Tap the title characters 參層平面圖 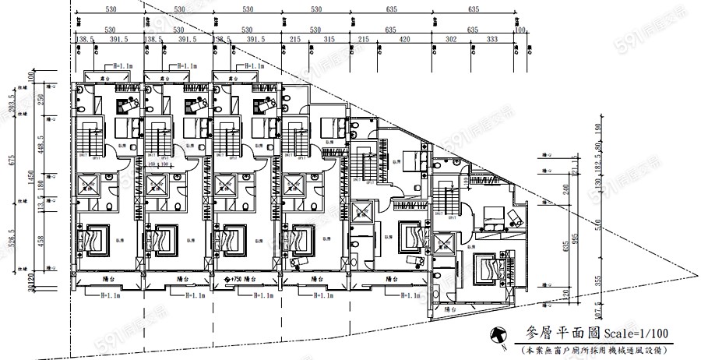tap(555, 333)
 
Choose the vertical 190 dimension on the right tap(597, 129)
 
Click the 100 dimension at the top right tap(520, 30)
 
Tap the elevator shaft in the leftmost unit tap(87, 185)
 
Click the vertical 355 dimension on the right tap(597, 280)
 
